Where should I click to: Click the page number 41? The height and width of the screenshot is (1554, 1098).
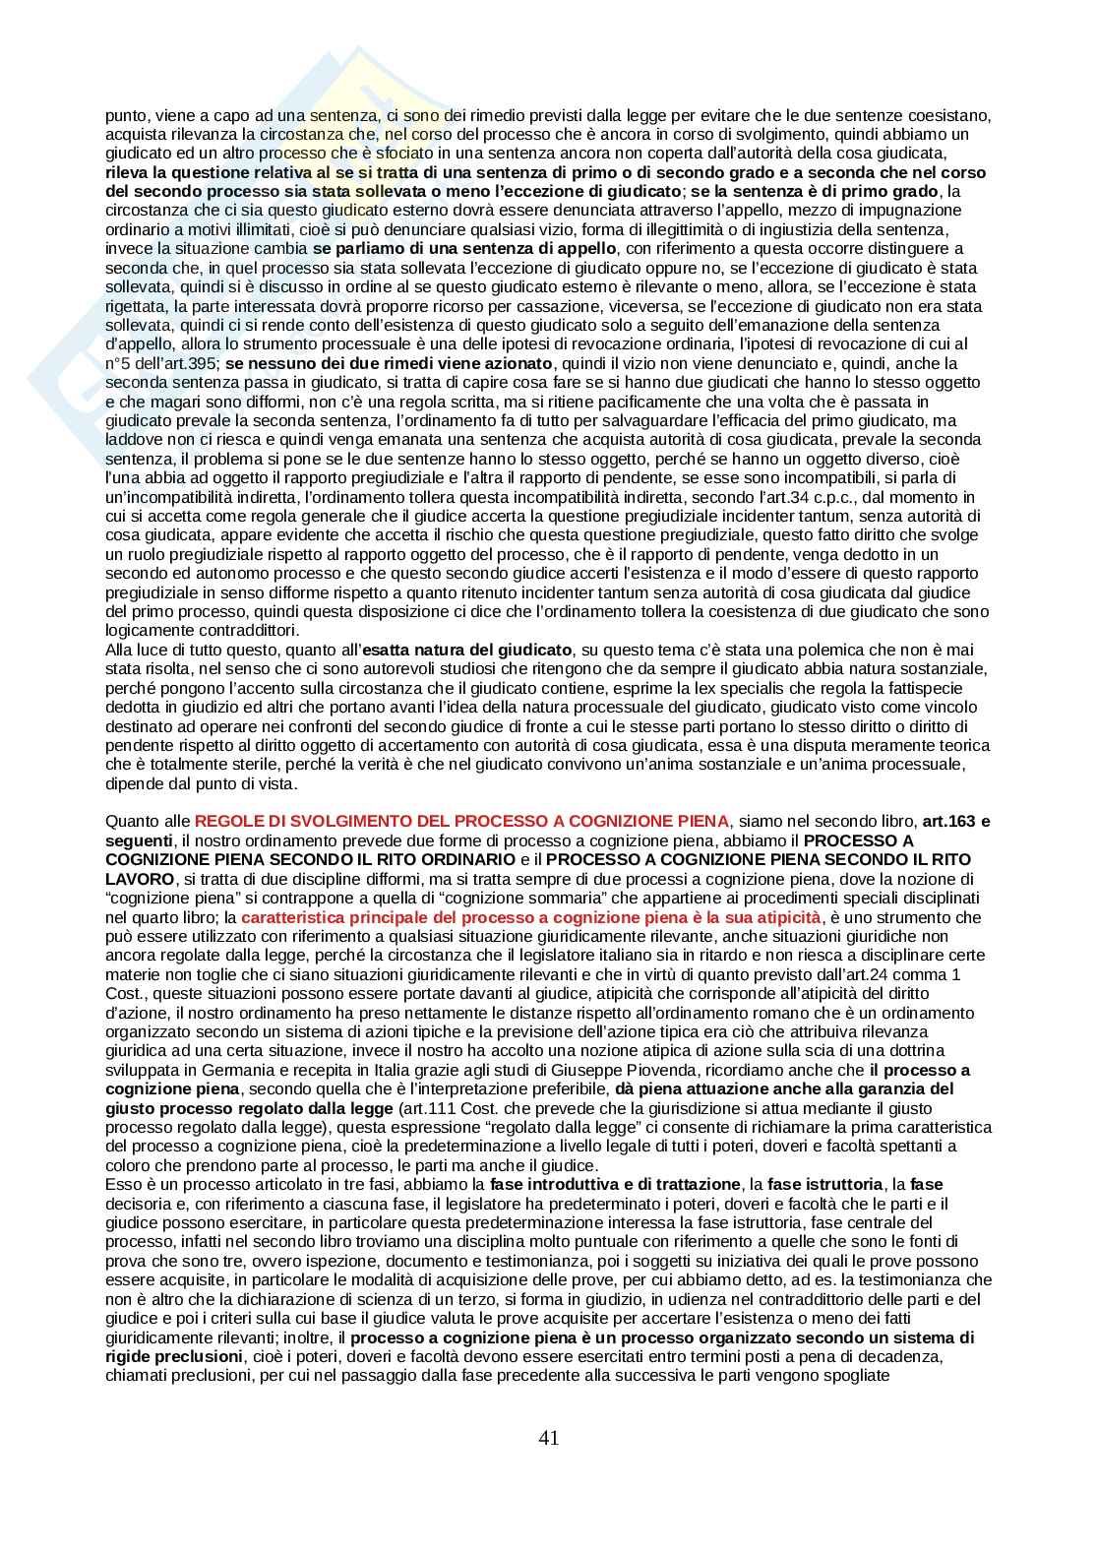pyautogui.click(x=549, y=1437)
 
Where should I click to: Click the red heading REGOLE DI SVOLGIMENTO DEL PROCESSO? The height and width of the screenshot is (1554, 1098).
pyautogui.click(x=462, y=821)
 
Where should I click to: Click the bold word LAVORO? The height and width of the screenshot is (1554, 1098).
pyautogui.click(x=140, y=879)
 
